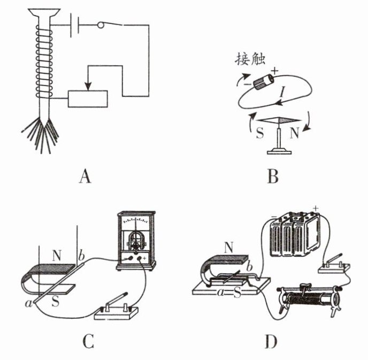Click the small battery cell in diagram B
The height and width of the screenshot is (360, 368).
click(263, 81)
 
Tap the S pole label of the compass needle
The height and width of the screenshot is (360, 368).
click(259, 133)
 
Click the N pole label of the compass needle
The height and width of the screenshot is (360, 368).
click(294, 133)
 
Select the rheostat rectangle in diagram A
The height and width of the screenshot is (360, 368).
click(88, 99)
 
